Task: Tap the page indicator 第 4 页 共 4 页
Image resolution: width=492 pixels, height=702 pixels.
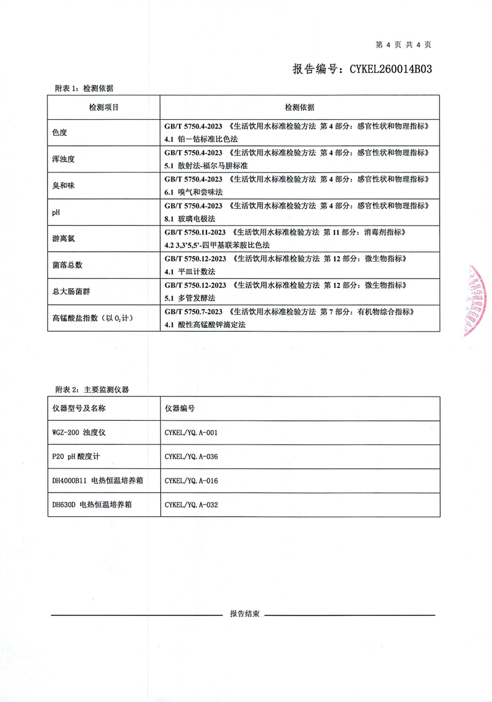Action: [403, 44]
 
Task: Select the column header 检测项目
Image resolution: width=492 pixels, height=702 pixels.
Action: [104, 107]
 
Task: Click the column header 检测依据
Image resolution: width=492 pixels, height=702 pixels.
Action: [299, 107]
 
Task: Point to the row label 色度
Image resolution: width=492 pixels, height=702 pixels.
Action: [59, 133]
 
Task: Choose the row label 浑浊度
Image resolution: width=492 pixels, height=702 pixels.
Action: [63, 159]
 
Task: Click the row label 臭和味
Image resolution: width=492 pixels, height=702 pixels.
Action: [63, 186]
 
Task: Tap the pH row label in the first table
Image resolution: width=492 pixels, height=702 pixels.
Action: [56, 212]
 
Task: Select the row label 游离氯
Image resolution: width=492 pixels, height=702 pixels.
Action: [63, 238]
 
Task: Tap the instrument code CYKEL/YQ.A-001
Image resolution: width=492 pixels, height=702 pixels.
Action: [191, 431]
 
